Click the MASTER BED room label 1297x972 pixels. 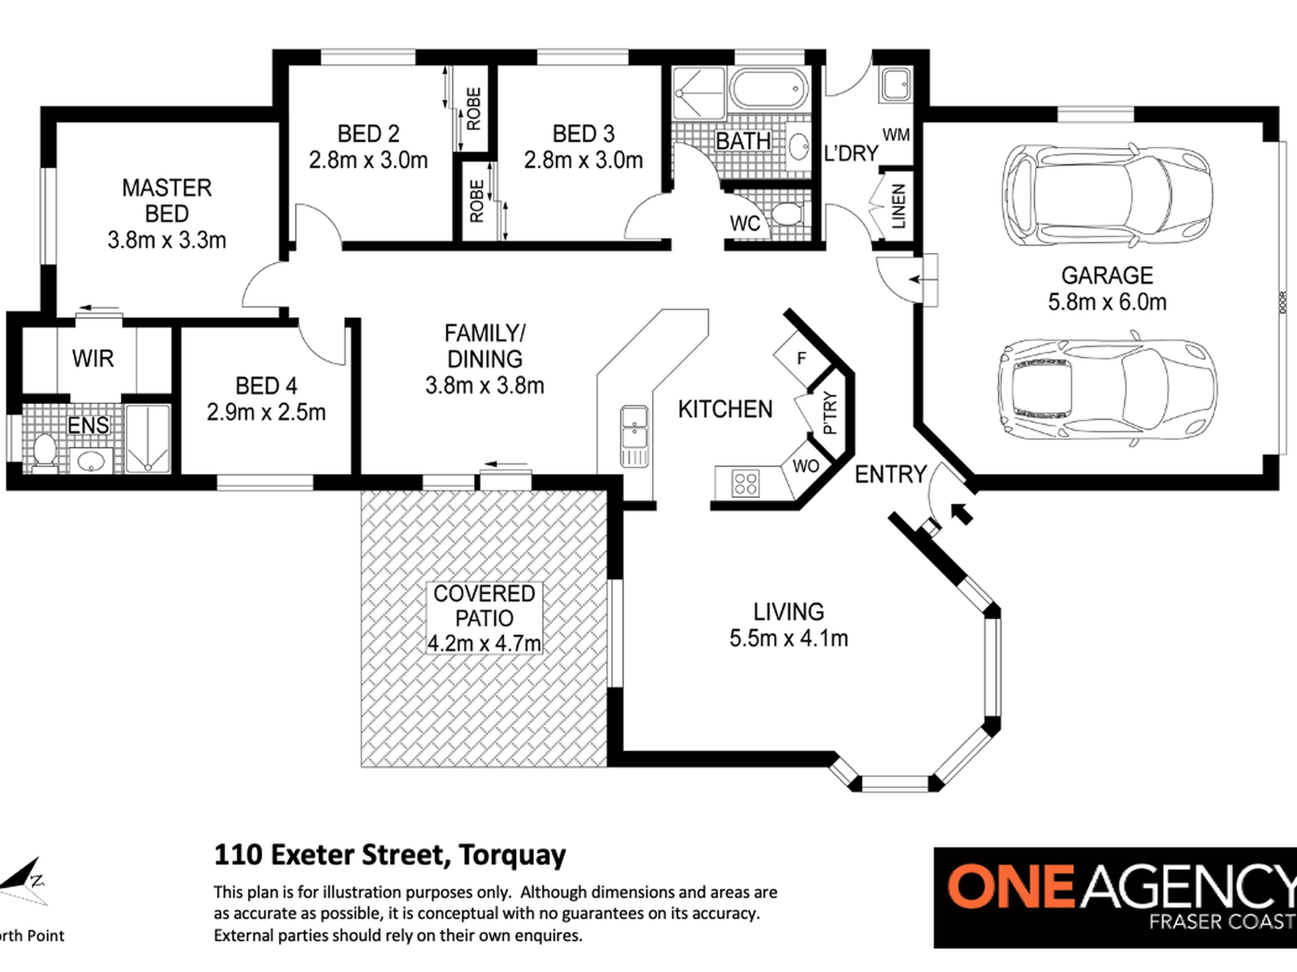[x=167, y=201]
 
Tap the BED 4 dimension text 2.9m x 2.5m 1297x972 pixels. [x=266, y=412]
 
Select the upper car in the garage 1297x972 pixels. [x=1107, y=194]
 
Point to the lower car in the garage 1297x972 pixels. [x=1107, y=389]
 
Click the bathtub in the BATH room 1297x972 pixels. [x=769, y=89]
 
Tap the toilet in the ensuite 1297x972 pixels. [x=44, y=452]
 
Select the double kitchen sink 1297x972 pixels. [x=634, y=437]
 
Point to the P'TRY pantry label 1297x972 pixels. [x=829, y=413]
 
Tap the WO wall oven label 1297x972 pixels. [x=806, y=466]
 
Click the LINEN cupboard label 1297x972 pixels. [x=898, y=206]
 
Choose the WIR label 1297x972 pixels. [x=93, y=358]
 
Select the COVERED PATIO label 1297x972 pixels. [x=484, y=606]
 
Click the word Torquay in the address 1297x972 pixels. [x=512, y=855]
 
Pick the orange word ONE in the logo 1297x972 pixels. [x=1010, y=886]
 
